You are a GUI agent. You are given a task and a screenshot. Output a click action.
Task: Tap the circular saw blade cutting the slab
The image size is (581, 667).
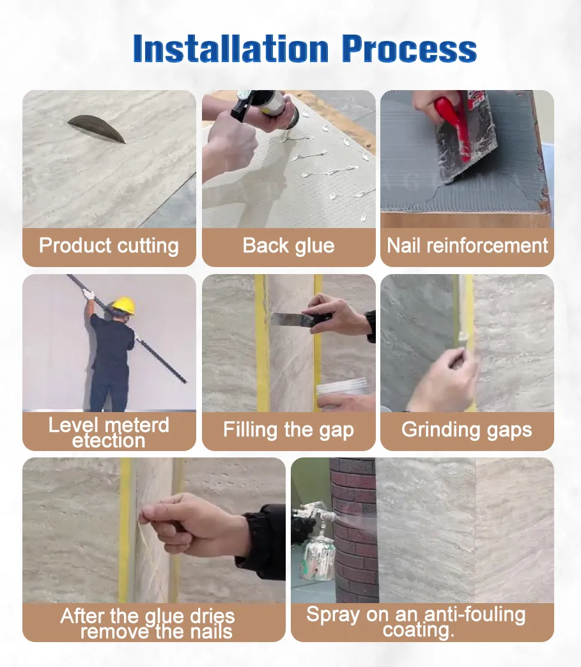[97, 128]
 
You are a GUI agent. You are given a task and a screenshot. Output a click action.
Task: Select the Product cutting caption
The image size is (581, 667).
[109, 246]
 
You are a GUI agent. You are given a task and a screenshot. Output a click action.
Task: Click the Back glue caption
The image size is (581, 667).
[288, 246]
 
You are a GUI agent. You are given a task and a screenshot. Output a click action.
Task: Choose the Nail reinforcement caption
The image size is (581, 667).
[467, 246]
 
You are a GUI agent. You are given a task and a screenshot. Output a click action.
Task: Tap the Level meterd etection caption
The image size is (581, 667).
[109, 433]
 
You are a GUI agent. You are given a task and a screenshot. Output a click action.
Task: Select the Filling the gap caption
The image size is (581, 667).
[288, 429]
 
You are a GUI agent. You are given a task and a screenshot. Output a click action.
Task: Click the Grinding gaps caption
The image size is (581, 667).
[467, 429]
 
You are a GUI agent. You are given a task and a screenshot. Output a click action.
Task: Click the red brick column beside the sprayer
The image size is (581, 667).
[353, 530]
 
